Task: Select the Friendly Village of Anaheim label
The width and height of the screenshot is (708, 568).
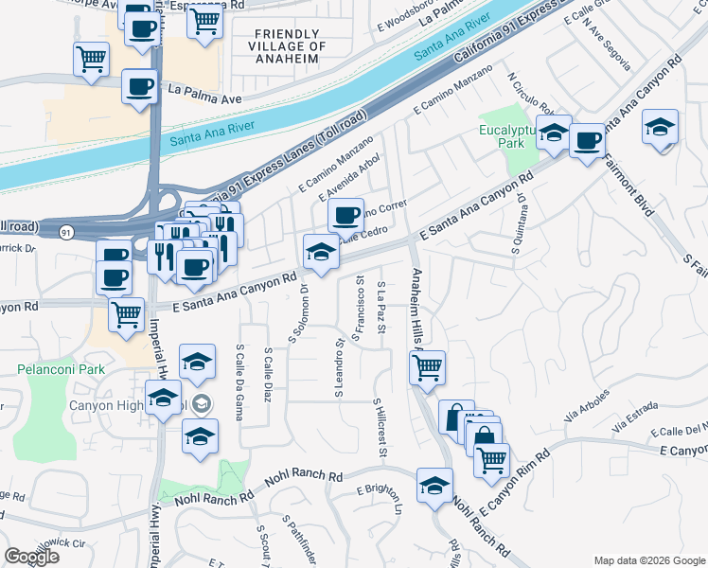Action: [x=290, y=45]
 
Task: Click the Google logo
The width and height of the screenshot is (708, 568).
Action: [x=31, y=557]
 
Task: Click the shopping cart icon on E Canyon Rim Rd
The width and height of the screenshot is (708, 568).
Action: [x=491, y=459]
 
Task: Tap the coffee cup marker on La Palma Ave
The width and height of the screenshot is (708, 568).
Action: [x=140, y=87]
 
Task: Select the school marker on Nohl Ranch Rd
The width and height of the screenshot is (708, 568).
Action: [x=434, y=485]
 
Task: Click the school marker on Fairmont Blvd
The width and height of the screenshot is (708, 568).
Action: [x=660, y=126]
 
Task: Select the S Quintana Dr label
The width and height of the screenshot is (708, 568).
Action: [x=520, y=223]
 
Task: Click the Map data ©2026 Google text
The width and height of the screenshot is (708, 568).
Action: [x=648, y=560]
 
